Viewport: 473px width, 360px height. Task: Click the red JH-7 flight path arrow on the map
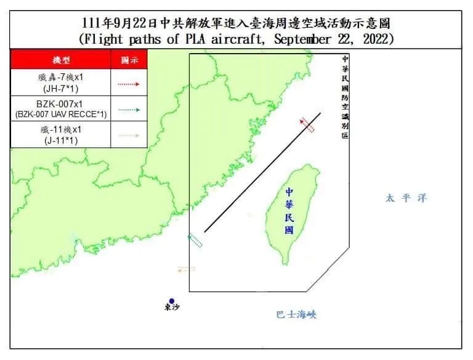pos(307,125)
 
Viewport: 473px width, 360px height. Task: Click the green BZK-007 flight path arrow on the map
pos(195,240)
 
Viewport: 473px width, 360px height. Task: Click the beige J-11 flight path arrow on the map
pos(185,269)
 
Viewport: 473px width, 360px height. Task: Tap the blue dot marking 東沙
pos(172,301)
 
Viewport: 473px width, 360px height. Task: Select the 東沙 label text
pos(172,308)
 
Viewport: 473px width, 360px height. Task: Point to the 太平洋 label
pos(406,198)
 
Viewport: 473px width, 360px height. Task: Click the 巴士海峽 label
pos(296,314)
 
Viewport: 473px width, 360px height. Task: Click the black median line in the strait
pos(262,173)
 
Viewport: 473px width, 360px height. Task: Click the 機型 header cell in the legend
pos(61,60)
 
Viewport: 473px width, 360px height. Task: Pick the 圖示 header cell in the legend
pos(129,60)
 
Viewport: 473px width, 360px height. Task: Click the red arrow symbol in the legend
pos(129,84)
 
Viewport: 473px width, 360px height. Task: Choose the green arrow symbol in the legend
pos(129,109)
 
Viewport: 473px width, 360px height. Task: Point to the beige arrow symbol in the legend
pos(129,134)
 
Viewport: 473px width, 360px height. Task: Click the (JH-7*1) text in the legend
pos(61,89)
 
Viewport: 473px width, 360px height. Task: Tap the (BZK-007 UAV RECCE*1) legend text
pos(61,114)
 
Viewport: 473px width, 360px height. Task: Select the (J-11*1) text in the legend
pos(61,139)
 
